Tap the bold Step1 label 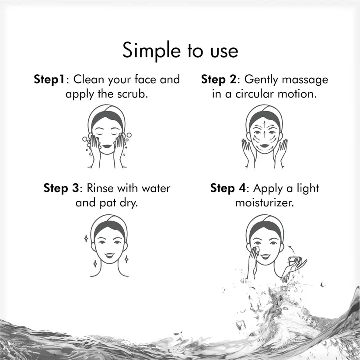(49, 80)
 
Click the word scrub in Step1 (133, 94)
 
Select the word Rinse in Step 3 (101, 189)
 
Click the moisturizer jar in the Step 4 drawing (294, 261)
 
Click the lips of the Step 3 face (108, 255)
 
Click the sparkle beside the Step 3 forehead (86, 238)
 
